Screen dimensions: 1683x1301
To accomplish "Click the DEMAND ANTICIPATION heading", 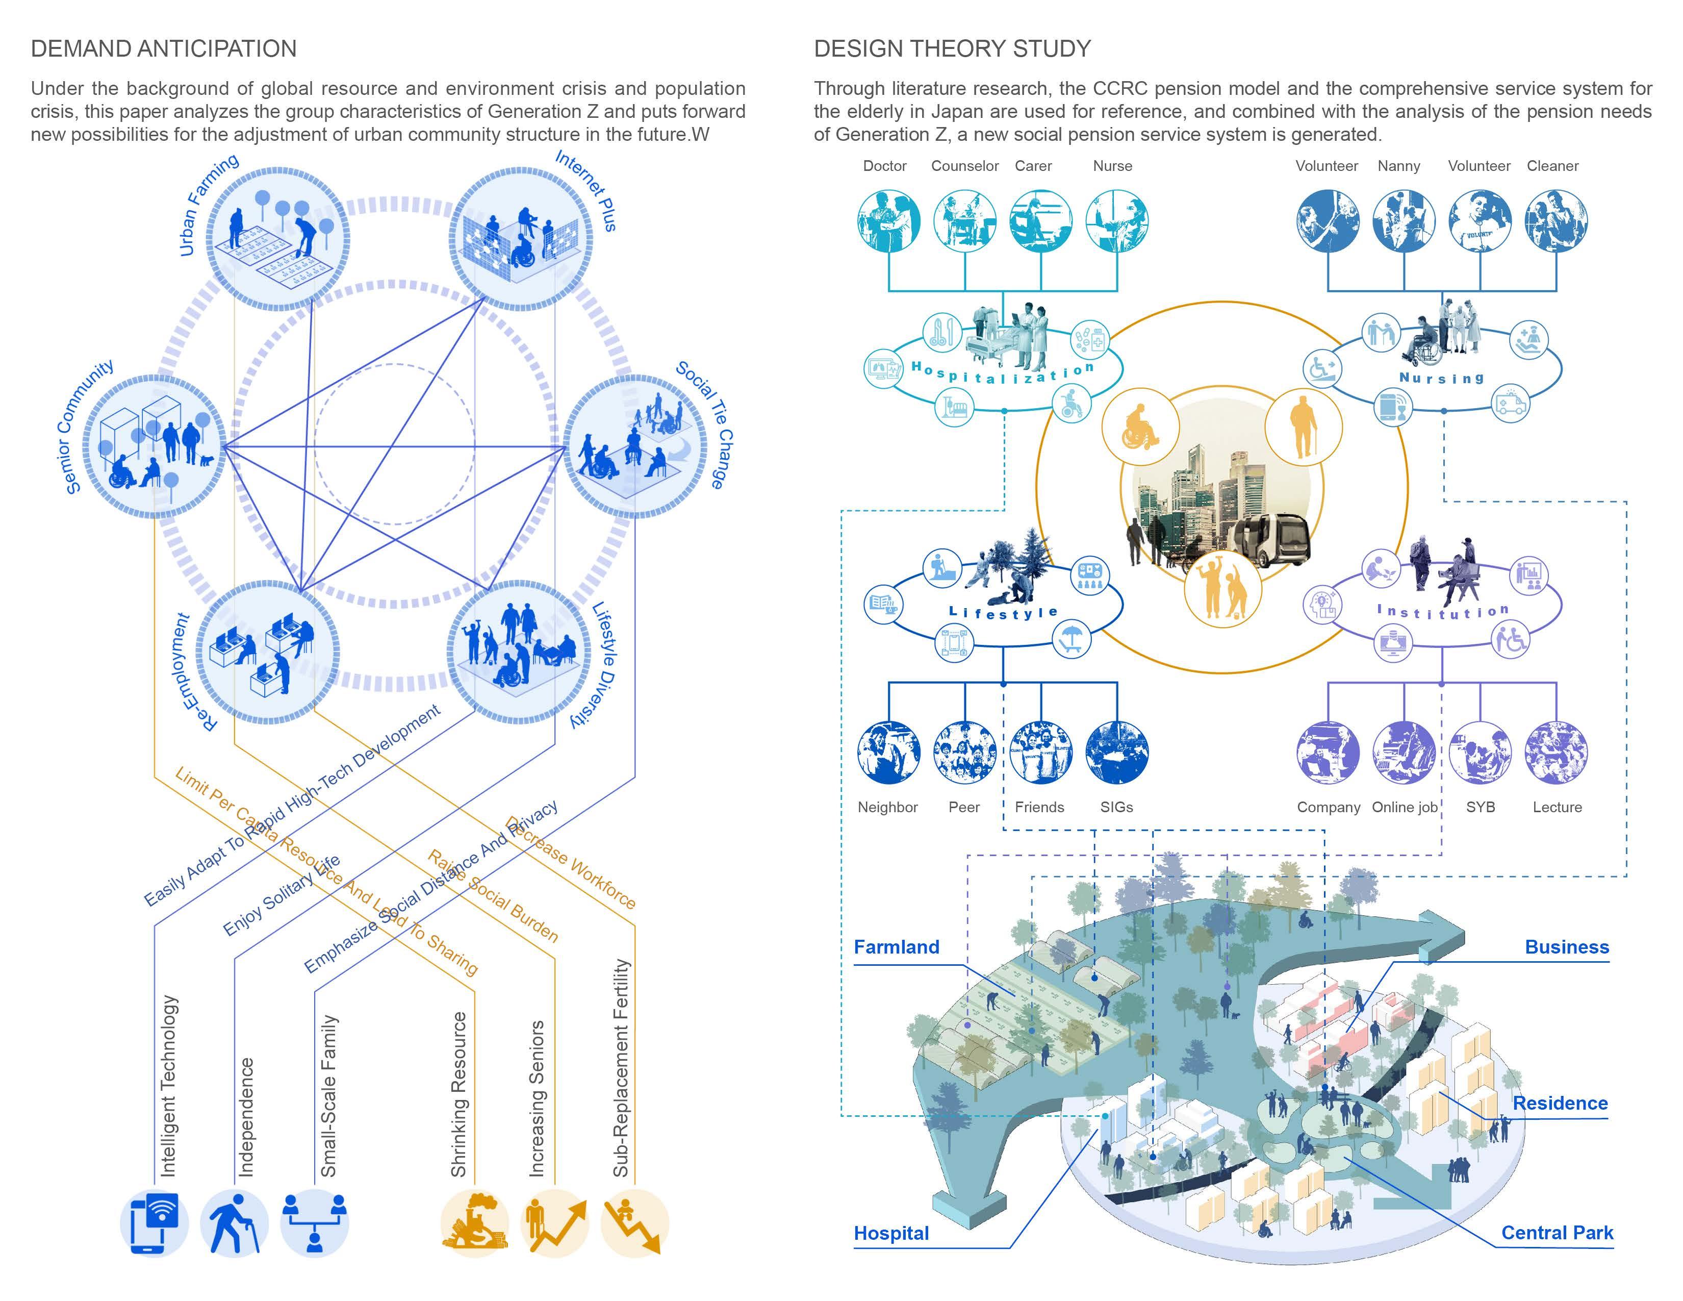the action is pyautogui.click(x=163, y=48).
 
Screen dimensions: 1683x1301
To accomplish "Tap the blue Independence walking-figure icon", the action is pyautogui.click(x=234, y=1223).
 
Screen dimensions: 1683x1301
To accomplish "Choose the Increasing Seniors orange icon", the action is pyautogui.click(x=554, y=1223).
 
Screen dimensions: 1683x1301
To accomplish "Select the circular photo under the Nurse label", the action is pyautogui.click(x=1116, y=221).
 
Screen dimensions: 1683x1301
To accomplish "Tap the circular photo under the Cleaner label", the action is pyautogui.click(x=1556, y=221).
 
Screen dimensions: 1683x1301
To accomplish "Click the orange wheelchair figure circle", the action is pyautogui.click(x=1140, y=427).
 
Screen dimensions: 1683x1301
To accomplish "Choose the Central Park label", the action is pyautogui.click(x=1557, y=1233).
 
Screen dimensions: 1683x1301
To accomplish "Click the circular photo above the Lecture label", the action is pyautogui.click(x=1556, y=752).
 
